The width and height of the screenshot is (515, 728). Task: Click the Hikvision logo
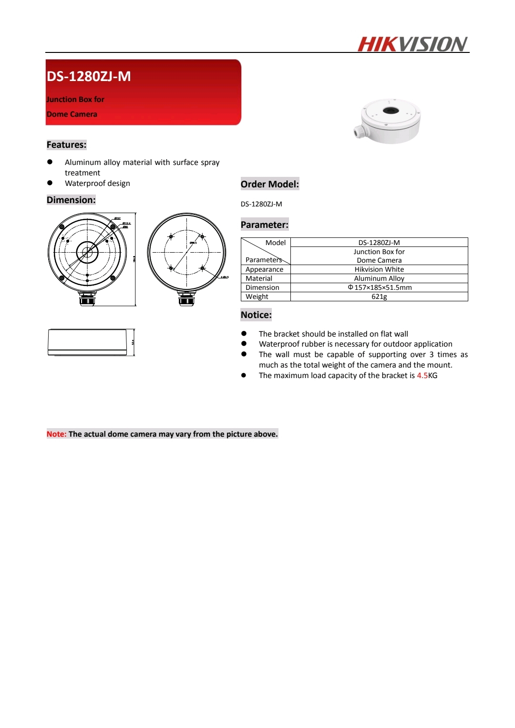tap(412, 44)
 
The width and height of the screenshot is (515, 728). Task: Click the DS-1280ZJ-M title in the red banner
tap(89, 76)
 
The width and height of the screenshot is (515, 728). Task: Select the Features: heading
tap(66, 145)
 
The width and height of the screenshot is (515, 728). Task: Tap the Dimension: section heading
tap(71, 200)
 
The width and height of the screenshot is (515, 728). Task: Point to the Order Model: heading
tap(269, 185)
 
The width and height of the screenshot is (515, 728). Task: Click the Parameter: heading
tap(264, 225)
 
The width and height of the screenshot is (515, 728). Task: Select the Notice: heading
tap(256, 315)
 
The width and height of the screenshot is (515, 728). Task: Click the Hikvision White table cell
tap(379, 269)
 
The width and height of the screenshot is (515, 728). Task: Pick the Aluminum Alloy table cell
tap(379, 278)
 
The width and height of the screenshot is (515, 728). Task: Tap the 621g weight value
tap(379, 297)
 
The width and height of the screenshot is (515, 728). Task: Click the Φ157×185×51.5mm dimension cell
tap(380, 287)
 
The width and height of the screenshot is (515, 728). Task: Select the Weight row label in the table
tap(257, 297)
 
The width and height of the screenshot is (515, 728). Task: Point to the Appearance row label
tap(264, 269)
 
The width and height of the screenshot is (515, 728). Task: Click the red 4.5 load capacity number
tap(422, 376)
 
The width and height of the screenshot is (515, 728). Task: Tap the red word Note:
tap(56, 434)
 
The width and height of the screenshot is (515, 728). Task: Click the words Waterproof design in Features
tap(97, 184)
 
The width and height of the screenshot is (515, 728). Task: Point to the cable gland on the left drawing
tap(87, 299)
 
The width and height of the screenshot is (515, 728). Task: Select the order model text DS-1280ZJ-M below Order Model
tap(261, 204)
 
